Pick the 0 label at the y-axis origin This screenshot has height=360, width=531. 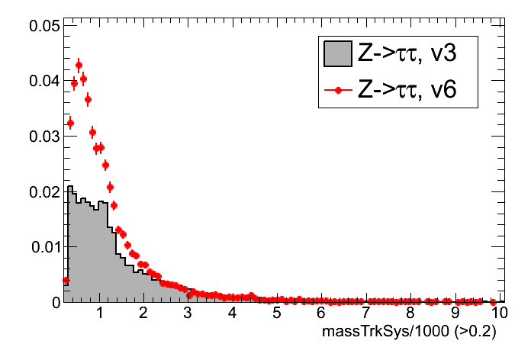click(54, 302)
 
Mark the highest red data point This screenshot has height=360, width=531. click(79, 65)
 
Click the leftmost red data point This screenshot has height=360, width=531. click(66, 280)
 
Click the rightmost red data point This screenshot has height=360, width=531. click(494, 301)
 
